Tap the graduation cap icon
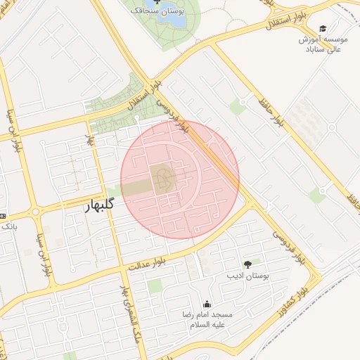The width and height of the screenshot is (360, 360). [323, 29]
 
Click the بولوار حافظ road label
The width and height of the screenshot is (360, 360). [271, 112]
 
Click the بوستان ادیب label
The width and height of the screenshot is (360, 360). [247, 276]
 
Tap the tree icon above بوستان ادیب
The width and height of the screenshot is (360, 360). [247, 264]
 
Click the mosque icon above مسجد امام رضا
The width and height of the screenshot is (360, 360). [207, 304]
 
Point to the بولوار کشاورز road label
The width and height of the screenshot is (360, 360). [304, 290]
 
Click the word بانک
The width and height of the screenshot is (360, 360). [9, 227]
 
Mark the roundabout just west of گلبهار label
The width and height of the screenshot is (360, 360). [36, 212]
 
